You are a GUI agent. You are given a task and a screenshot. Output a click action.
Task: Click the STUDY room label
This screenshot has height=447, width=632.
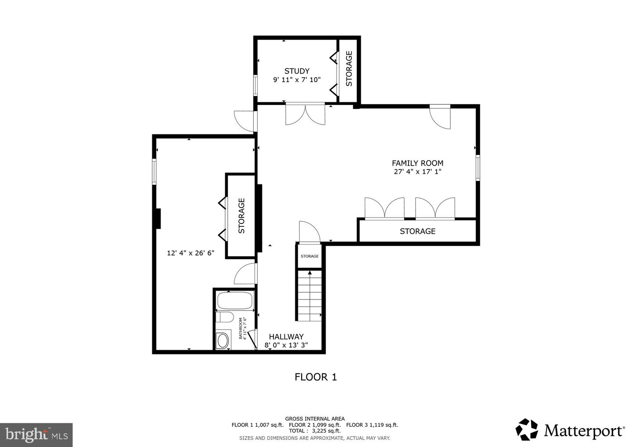(297, 71)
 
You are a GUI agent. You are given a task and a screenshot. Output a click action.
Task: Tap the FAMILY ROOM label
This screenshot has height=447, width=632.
(417, 163)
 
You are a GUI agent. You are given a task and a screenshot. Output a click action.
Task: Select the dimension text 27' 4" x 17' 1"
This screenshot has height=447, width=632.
(417, 172)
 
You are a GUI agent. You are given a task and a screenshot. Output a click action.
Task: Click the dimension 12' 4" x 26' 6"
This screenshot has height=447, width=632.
(190, 253)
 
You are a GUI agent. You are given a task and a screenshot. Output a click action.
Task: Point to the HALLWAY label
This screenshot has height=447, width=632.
(286, 336)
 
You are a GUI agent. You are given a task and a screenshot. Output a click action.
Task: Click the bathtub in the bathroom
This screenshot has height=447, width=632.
(235, 301)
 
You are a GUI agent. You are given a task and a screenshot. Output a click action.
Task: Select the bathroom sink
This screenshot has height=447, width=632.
(223, 340)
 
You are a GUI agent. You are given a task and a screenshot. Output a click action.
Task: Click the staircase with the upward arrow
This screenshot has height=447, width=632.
(310, 296)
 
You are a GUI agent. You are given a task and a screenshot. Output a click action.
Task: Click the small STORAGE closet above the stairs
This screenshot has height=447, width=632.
(310, 256)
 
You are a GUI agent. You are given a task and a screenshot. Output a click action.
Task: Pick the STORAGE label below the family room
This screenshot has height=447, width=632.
(417, 231)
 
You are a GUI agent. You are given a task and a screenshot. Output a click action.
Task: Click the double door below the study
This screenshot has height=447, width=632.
(305, 114)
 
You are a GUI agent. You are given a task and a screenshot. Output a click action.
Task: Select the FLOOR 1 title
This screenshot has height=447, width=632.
(316, 377)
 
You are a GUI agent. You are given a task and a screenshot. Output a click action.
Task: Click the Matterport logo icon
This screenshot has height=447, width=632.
(527, 429)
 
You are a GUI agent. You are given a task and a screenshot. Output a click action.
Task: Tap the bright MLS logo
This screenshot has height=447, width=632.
(36, 435)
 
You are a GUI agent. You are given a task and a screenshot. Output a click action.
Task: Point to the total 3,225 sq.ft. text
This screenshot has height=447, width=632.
(315, 431)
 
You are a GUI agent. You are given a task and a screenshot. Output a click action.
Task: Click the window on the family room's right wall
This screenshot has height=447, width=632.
(478, 167)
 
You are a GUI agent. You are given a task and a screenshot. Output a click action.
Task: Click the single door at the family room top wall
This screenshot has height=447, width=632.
(440, 116)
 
